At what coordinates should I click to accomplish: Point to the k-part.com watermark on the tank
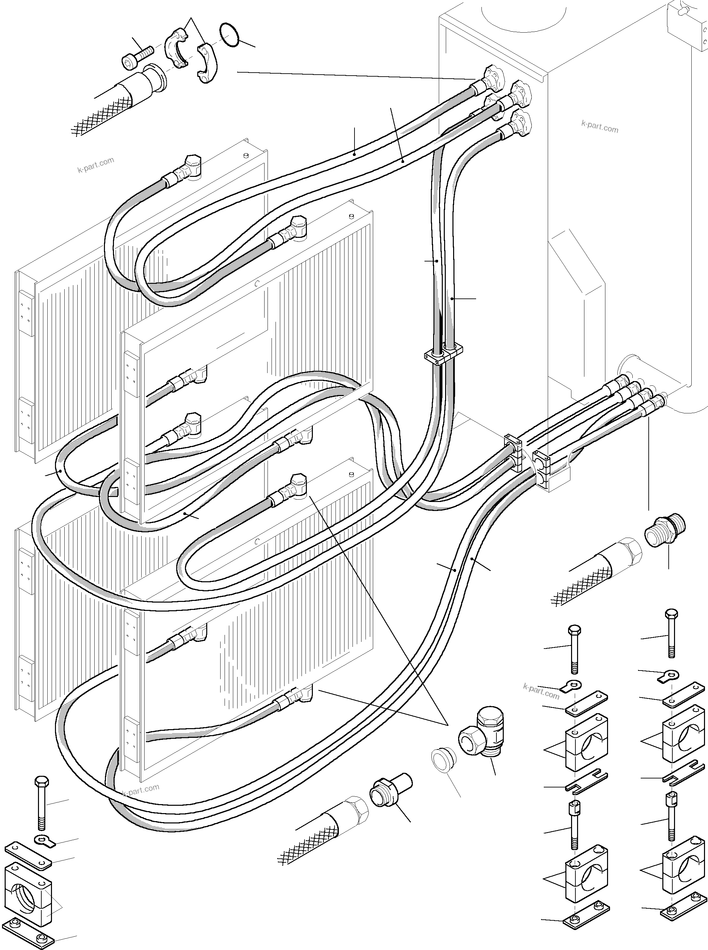click(600, 126)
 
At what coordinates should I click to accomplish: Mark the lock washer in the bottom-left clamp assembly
click(45, 841)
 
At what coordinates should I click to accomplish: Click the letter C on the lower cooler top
click(256, 542)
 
